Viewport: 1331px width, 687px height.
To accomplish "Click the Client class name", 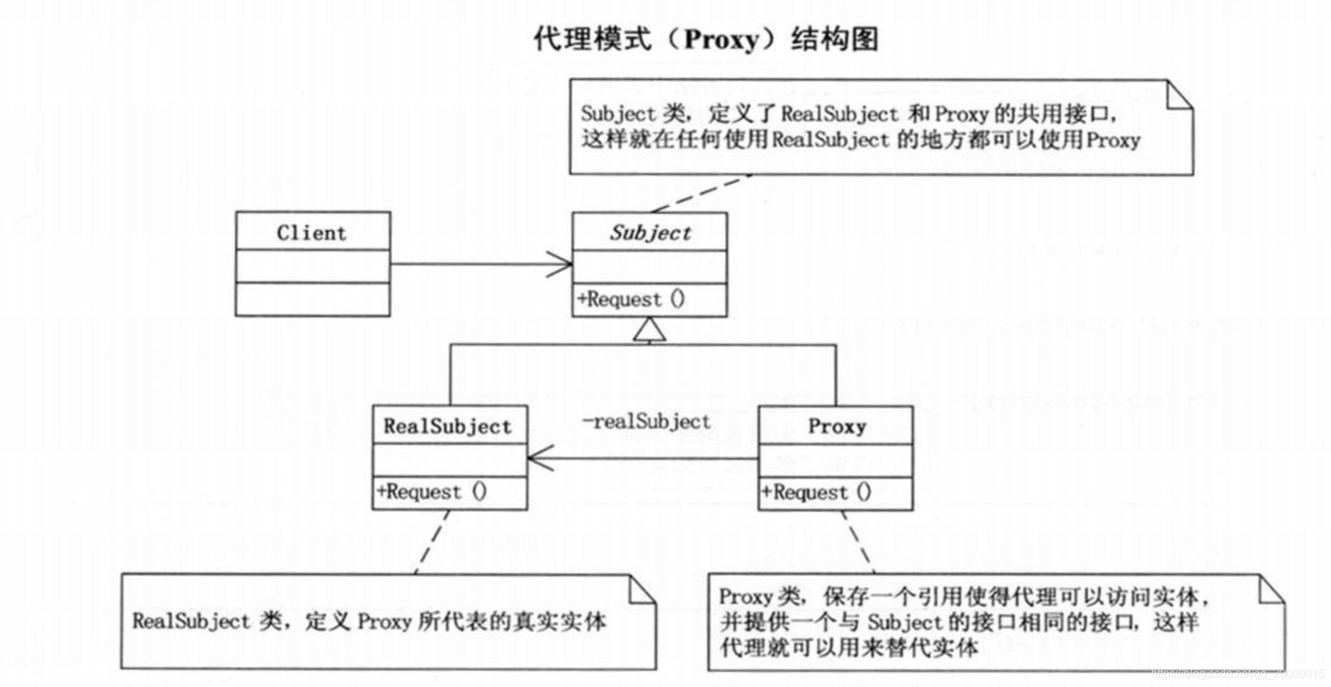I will click(x=312, y=232).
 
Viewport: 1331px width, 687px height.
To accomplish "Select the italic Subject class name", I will click(x=650, y=232).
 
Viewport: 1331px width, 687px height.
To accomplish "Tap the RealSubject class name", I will click(x=447, y=426).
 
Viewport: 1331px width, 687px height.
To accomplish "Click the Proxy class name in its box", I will click(x=837, y=426).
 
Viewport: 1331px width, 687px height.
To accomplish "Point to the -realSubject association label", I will click(x=646, y=422).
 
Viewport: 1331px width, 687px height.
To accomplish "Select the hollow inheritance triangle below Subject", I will click(x=649, y=330).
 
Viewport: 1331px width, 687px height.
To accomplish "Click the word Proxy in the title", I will click(x=721, y=39).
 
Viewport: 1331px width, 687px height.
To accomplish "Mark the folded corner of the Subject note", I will click(x=1179, y=96).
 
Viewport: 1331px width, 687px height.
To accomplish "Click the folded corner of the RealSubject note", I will click(x=642, y=589).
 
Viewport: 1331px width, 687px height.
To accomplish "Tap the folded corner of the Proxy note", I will click(x=1272, y=590).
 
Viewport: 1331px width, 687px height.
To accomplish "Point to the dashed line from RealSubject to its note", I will click(x=433, y=541).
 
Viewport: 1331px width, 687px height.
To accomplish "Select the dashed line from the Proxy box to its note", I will click(x=857, y=541).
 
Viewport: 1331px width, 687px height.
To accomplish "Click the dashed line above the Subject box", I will click(x=701, y=193).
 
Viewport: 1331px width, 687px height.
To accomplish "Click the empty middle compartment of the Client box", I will click(x=312, y=266).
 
